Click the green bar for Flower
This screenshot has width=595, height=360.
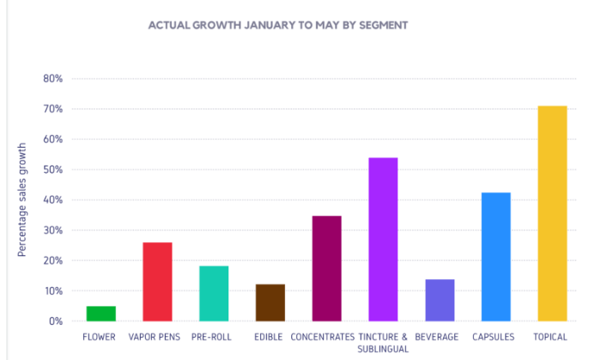tap(101, 314)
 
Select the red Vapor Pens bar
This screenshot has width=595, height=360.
tap(157, 282)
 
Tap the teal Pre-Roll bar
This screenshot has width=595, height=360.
tap(214, 293)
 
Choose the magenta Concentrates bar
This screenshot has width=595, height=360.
tap(326, 268)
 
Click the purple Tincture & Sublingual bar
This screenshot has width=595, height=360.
tap(383, 239)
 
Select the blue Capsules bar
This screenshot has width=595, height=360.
tap(495, 257)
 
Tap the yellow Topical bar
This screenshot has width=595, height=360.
tap(552, 213)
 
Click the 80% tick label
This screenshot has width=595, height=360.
tap(52, 79)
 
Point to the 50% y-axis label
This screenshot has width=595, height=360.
tap(52, 170)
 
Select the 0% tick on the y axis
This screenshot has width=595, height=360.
tap(55, 321)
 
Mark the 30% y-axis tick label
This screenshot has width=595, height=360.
tap(52, 230)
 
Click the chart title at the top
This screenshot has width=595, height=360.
tap(278, 25)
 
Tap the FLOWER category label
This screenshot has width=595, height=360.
tap(100, 337)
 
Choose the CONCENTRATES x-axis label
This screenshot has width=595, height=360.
tap(323, 337)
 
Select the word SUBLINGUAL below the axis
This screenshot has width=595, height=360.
tap(383, 349)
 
